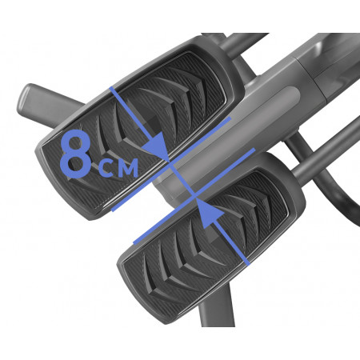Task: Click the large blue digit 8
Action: point(75,154)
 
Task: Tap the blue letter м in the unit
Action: point(126,167)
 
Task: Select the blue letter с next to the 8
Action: point(106,167)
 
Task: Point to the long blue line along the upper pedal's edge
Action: point(171,164)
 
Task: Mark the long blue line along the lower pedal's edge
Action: point(194,196)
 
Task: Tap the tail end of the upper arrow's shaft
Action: point(113,88)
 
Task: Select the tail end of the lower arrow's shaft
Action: point(248,263)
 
